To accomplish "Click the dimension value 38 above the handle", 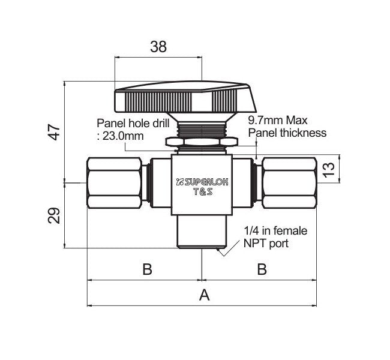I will [158, 47].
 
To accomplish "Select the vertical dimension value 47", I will [55, 131].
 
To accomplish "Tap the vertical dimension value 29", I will [55, 214].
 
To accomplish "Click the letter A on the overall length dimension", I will [203, 295].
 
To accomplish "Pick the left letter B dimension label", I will [146, 269].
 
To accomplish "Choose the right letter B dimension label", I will [261, 269].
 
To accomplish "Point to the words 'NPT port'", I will [266, 243].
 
